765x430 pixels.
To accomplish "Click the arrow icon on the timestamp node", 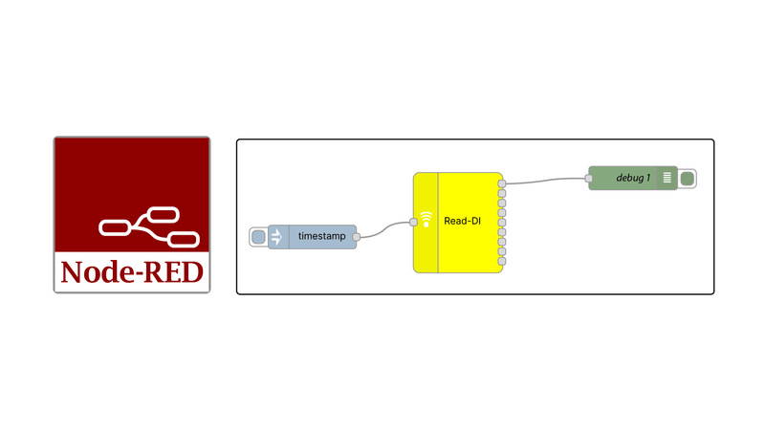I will pyautogui.click(x=276, y=236).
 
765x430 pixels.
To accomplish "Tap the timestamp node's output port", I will pyautogui.click(x=356, y=236).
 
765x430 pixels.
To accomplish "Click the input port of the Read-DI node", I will pyautogui.click(x=413, y=222).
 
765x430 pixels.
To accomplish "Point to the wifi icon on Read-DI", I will pyautogui.click(x=426, y=219).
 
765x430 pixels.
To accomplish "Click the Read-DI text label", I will pyautogui.click(x=461, y=222).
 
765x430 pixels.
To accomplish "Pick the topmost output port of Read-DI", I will pyautogui.click(x=503, y=182).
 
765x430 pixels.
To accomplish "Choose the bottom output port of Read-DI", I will pyautogui.click(x=503, y=262).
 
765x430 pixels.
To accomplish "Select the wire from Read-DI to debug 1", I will pyautogui.click(x=545, y=180).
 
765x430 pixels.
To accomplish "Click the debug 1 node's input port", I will pyautogui.click(x=588, y=179).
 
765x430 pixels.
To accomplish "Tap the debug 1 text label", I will pyautogui.click(x=633, y=179).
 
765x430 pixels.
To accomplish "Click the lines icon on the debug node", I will pyautogui.click(x=667, y=179).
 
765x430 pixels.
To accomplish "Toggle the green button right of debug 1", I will pyautogui.click(x=688, y=179).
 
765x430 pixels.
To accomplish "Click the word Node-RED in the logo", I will pyautogui.click(x=132, y=272).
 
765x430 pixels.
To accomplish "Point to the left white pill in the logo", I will pyautogui.click(x=115, y=226).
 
